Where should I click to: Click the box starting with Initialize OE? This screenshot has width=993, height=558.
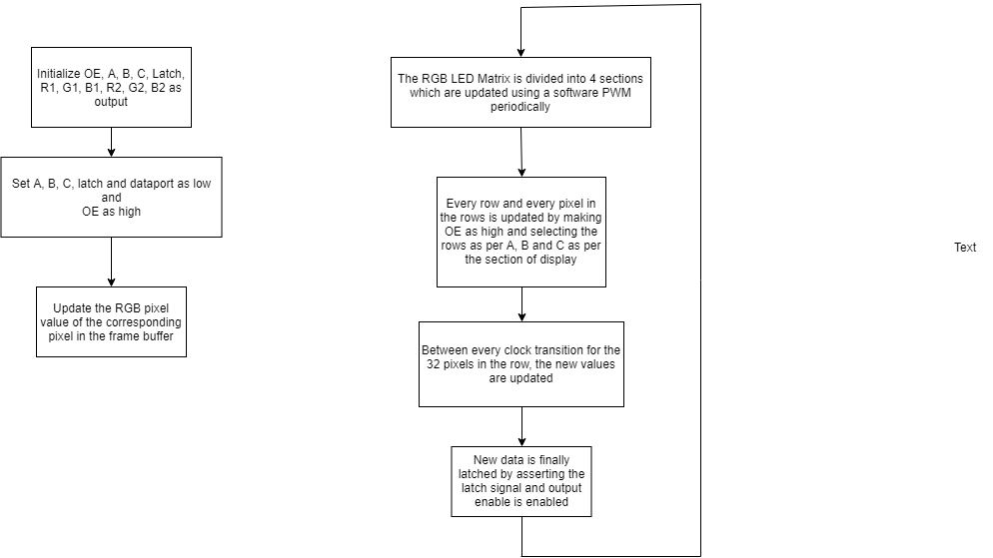click(x=112, y=87)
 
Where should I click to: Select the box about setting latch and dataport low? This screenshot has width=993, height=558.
click(x=112, y=198)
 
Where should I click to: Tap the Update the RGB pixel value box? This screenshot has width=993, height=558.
click(x=112, y=322)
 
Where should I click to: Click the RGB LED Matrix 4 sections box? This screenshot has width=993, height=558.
click(x=520, y=93)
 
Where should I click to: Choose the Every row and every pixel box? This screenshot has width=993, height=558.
click(x=521, y=232)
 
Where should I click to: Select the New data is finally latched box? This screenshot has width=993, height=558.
click(x=521, y=481)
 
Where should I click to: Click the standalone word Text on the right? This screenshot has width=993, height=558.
click(x=965, y=248)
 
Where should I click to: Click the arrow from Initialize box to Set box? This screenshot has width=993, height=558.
click(x=112, y=143)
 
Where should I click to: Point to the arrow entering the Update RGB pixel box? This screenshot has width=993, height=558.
click(x=112, y=262)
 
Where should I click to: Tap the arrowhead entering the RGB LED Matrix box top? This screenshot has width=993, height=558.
click(x=520, y=53)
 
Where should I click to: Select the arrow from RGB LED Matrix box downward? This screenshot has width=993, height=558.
click(x=521, y=152)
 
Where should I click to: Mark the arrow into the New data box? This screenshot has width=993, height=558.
click(x=521, y=426)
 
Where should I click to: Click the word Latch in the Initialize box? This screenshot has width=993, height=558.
click(x=168, y=74)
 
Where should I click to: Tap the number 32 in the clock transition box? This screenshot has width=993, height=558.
click(x=434, y=363)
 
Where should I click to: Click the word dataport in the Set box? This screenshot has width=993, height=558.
click(x=152, y=184)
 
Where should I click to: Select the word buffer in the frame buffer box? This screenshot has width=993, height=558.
click(x=158, y=336)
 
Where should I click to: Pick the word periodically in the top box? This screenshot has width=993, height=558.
click(x=520, y=106)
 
